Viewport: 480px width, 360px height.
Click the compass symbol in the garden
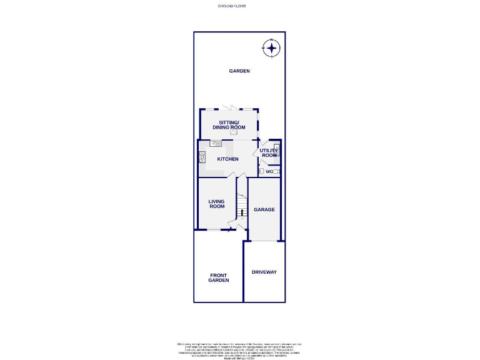[x=271, y=47]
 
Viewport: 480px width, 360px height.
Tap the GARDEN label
[x=239, y=71]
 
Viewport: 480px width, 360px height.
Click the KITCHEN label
[x=227, y=159]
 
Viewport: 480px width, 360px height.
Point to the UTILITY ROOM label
[x=269, y=153]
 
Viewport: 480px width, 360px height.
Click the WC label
[x=269, y=171]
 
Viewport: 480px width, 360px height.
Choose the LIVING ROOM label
[x=216, y=204]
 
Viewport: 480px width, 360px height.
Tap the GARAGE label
[x=264, y=209]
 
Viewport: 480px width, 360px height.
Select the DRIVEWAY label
[x=264, y=272]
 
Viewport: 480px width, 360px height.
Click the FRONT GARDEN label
[x=219, y=278]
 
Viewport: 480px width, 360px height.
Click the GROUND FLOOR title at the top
[x=232, y=5]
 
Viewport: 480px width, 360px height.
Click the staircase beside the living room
[x=242, y=204]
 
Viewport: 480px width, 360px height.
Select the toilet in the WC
[x=262, y=171]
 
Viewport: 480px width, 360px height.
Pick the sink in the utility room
[x=277, y=147]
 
